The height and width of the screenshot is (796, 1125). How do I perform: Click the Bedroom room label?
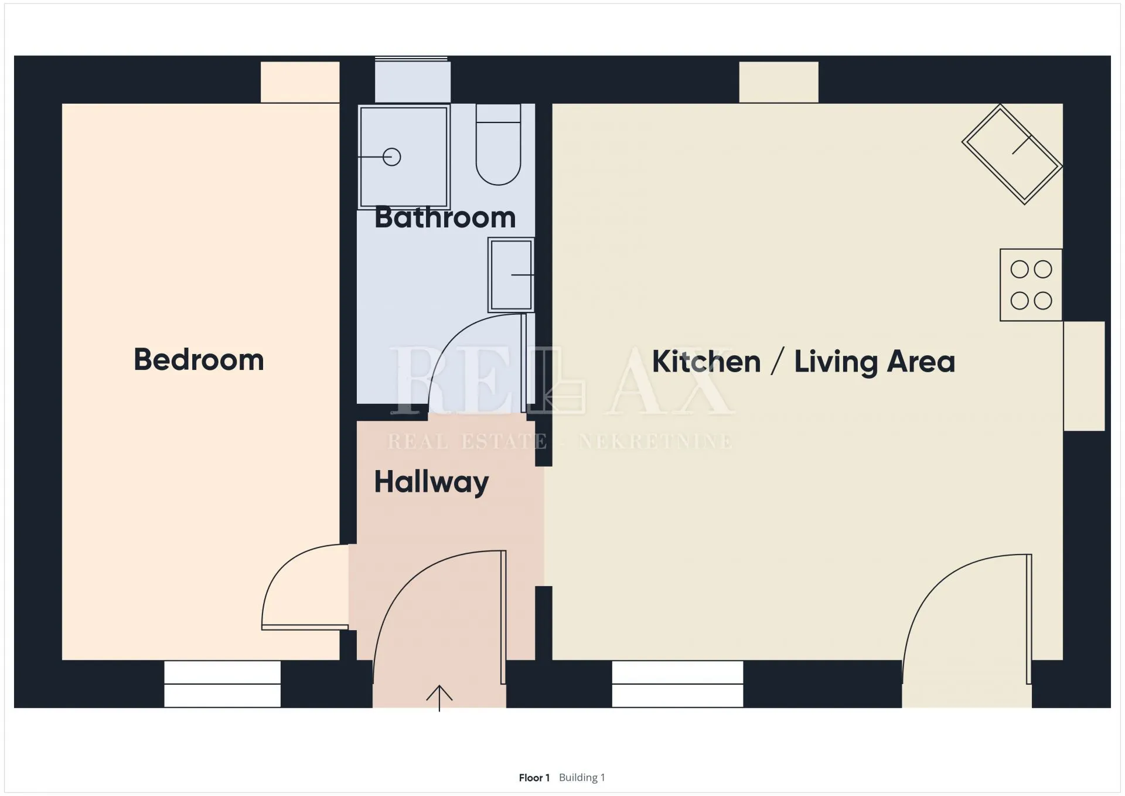pyautogui.click(x=199, y=359)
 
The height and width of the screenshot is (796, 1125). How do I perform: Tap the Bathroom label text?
pyautogui.click(x=445, y=217)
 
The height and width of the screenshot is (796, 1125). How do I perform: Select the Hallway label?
pyautogui.click(x=431, y=482)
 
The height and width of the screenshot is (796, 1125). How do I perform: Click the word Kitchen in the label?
pyautogui.click(x=706, y=361)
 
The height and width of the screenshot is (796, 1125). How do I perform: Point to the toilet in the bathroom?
pyautogui.click(x=498, y=144)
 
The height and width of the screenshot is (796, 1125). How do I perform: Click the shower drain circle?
pyautogui.click(x=391, y=157)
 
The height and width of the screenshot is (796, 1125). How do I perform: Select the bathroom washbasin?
pyautogui.click(x=511, y=275)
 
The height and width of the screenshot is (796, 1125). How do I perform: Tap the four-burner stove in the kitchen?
pyautogui.click(x=1031, y=285)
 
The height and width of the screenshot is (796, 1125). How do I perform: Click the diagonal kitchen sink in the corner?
pyautogui.click(x=1012, y=154)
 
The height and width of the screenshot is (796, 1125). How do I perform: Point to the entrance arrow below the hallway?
pyautogui.click(x=439, y=698)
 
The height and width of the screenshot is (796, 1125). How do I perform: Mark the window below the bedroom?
pyautogui.click(x=222, y=684)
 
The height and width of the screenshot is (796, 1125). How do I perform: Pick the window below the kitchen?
pyautogui.click(x=677, y=684)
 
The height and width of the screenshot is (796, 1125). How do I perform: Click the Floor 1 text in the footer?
pyautogui.click(x=534, y=778)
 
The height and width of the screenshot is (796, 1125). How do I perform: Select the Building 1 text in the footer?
pyautogui.click(x=582, y=777)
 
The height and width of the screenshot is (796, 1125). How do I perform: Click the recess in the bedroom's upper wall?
pyautogui.click(x=300, y=82)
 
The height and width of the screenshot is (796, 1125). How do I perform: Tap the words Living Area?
pyautogui.click(x=874, y=361)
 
